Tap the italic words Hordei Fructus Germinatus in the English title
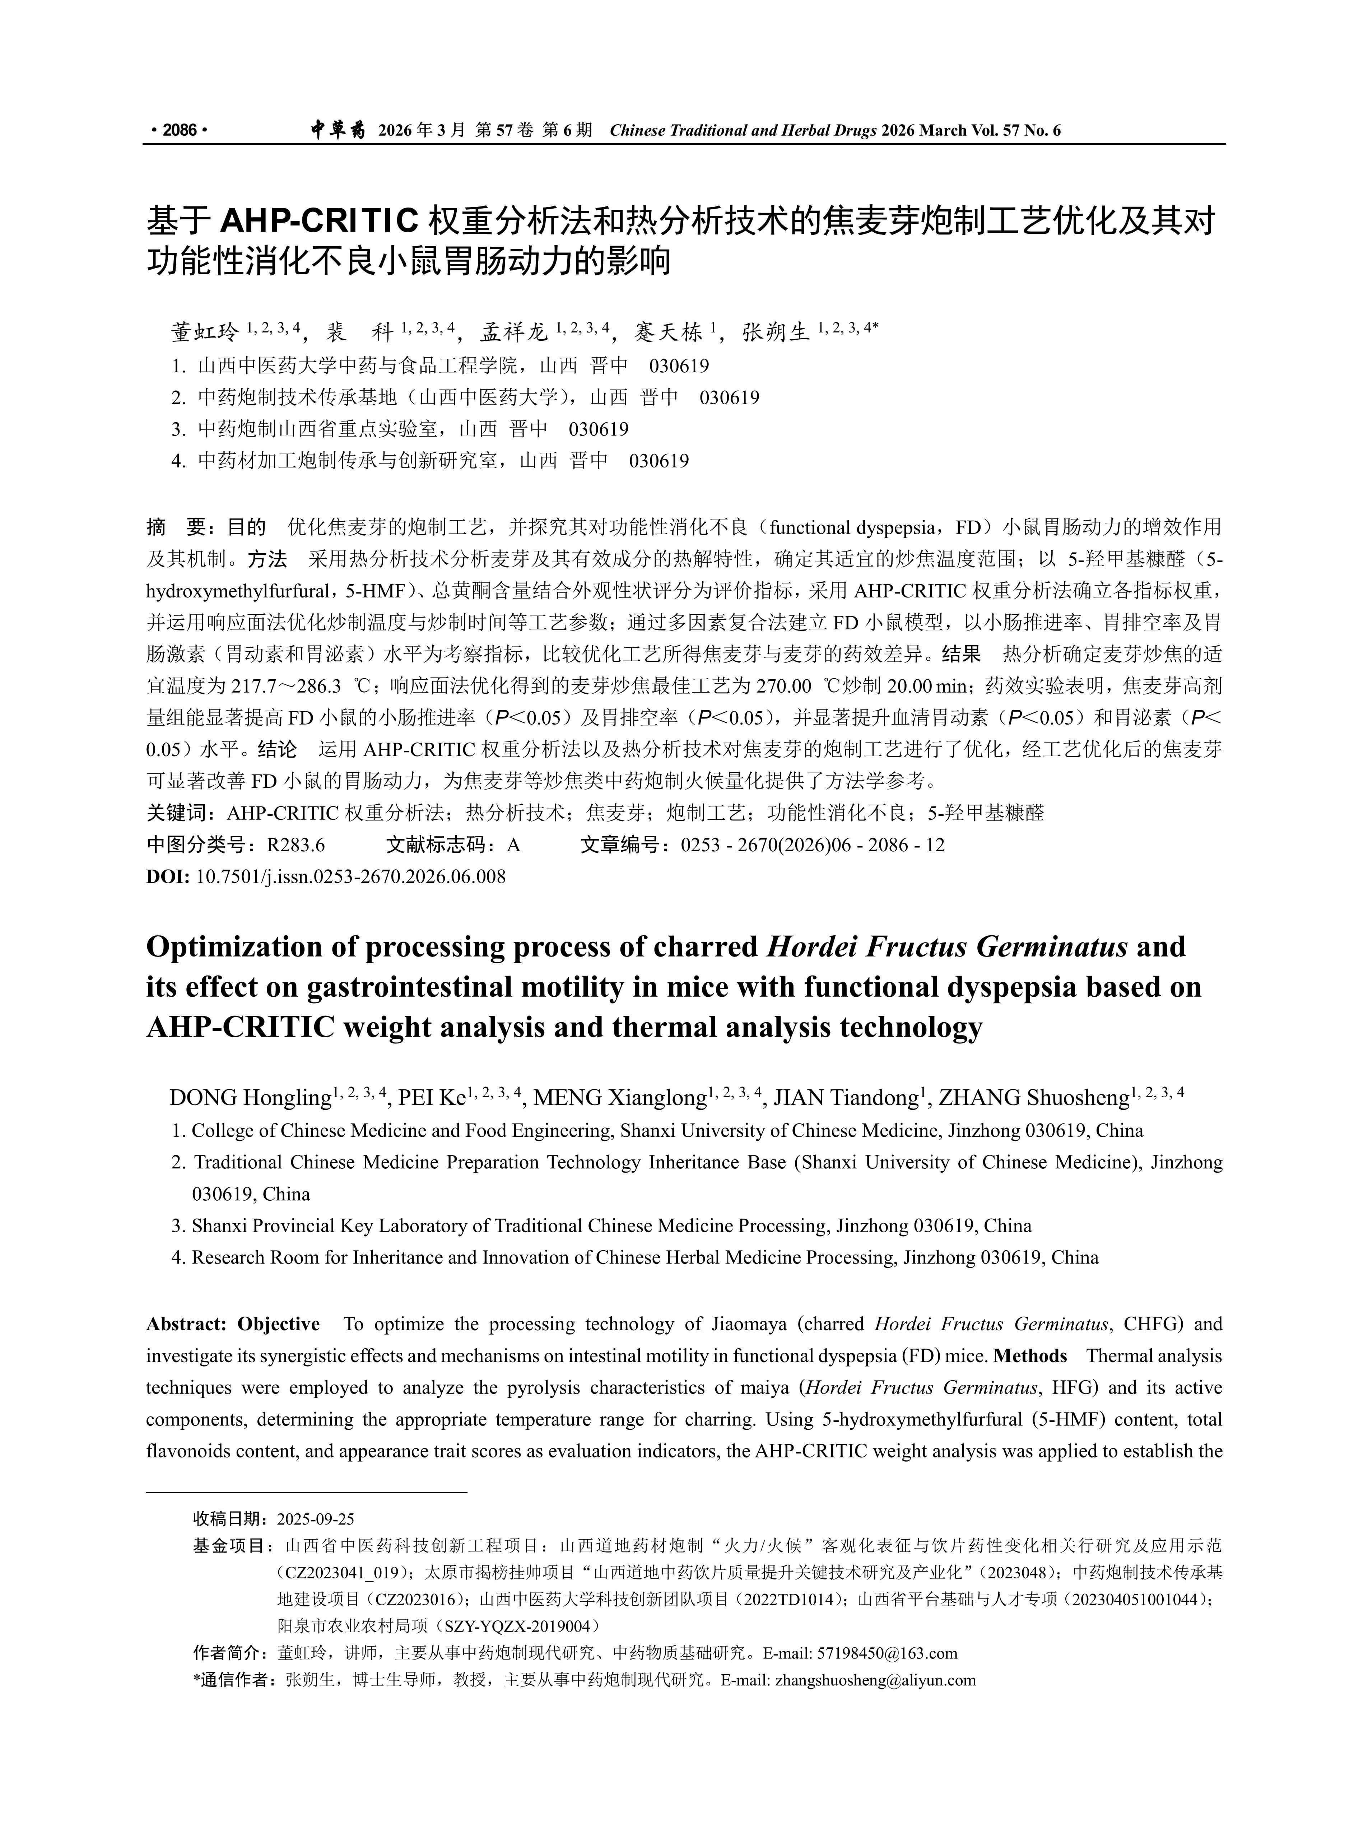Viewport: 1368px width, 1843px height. pos(948,946)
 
